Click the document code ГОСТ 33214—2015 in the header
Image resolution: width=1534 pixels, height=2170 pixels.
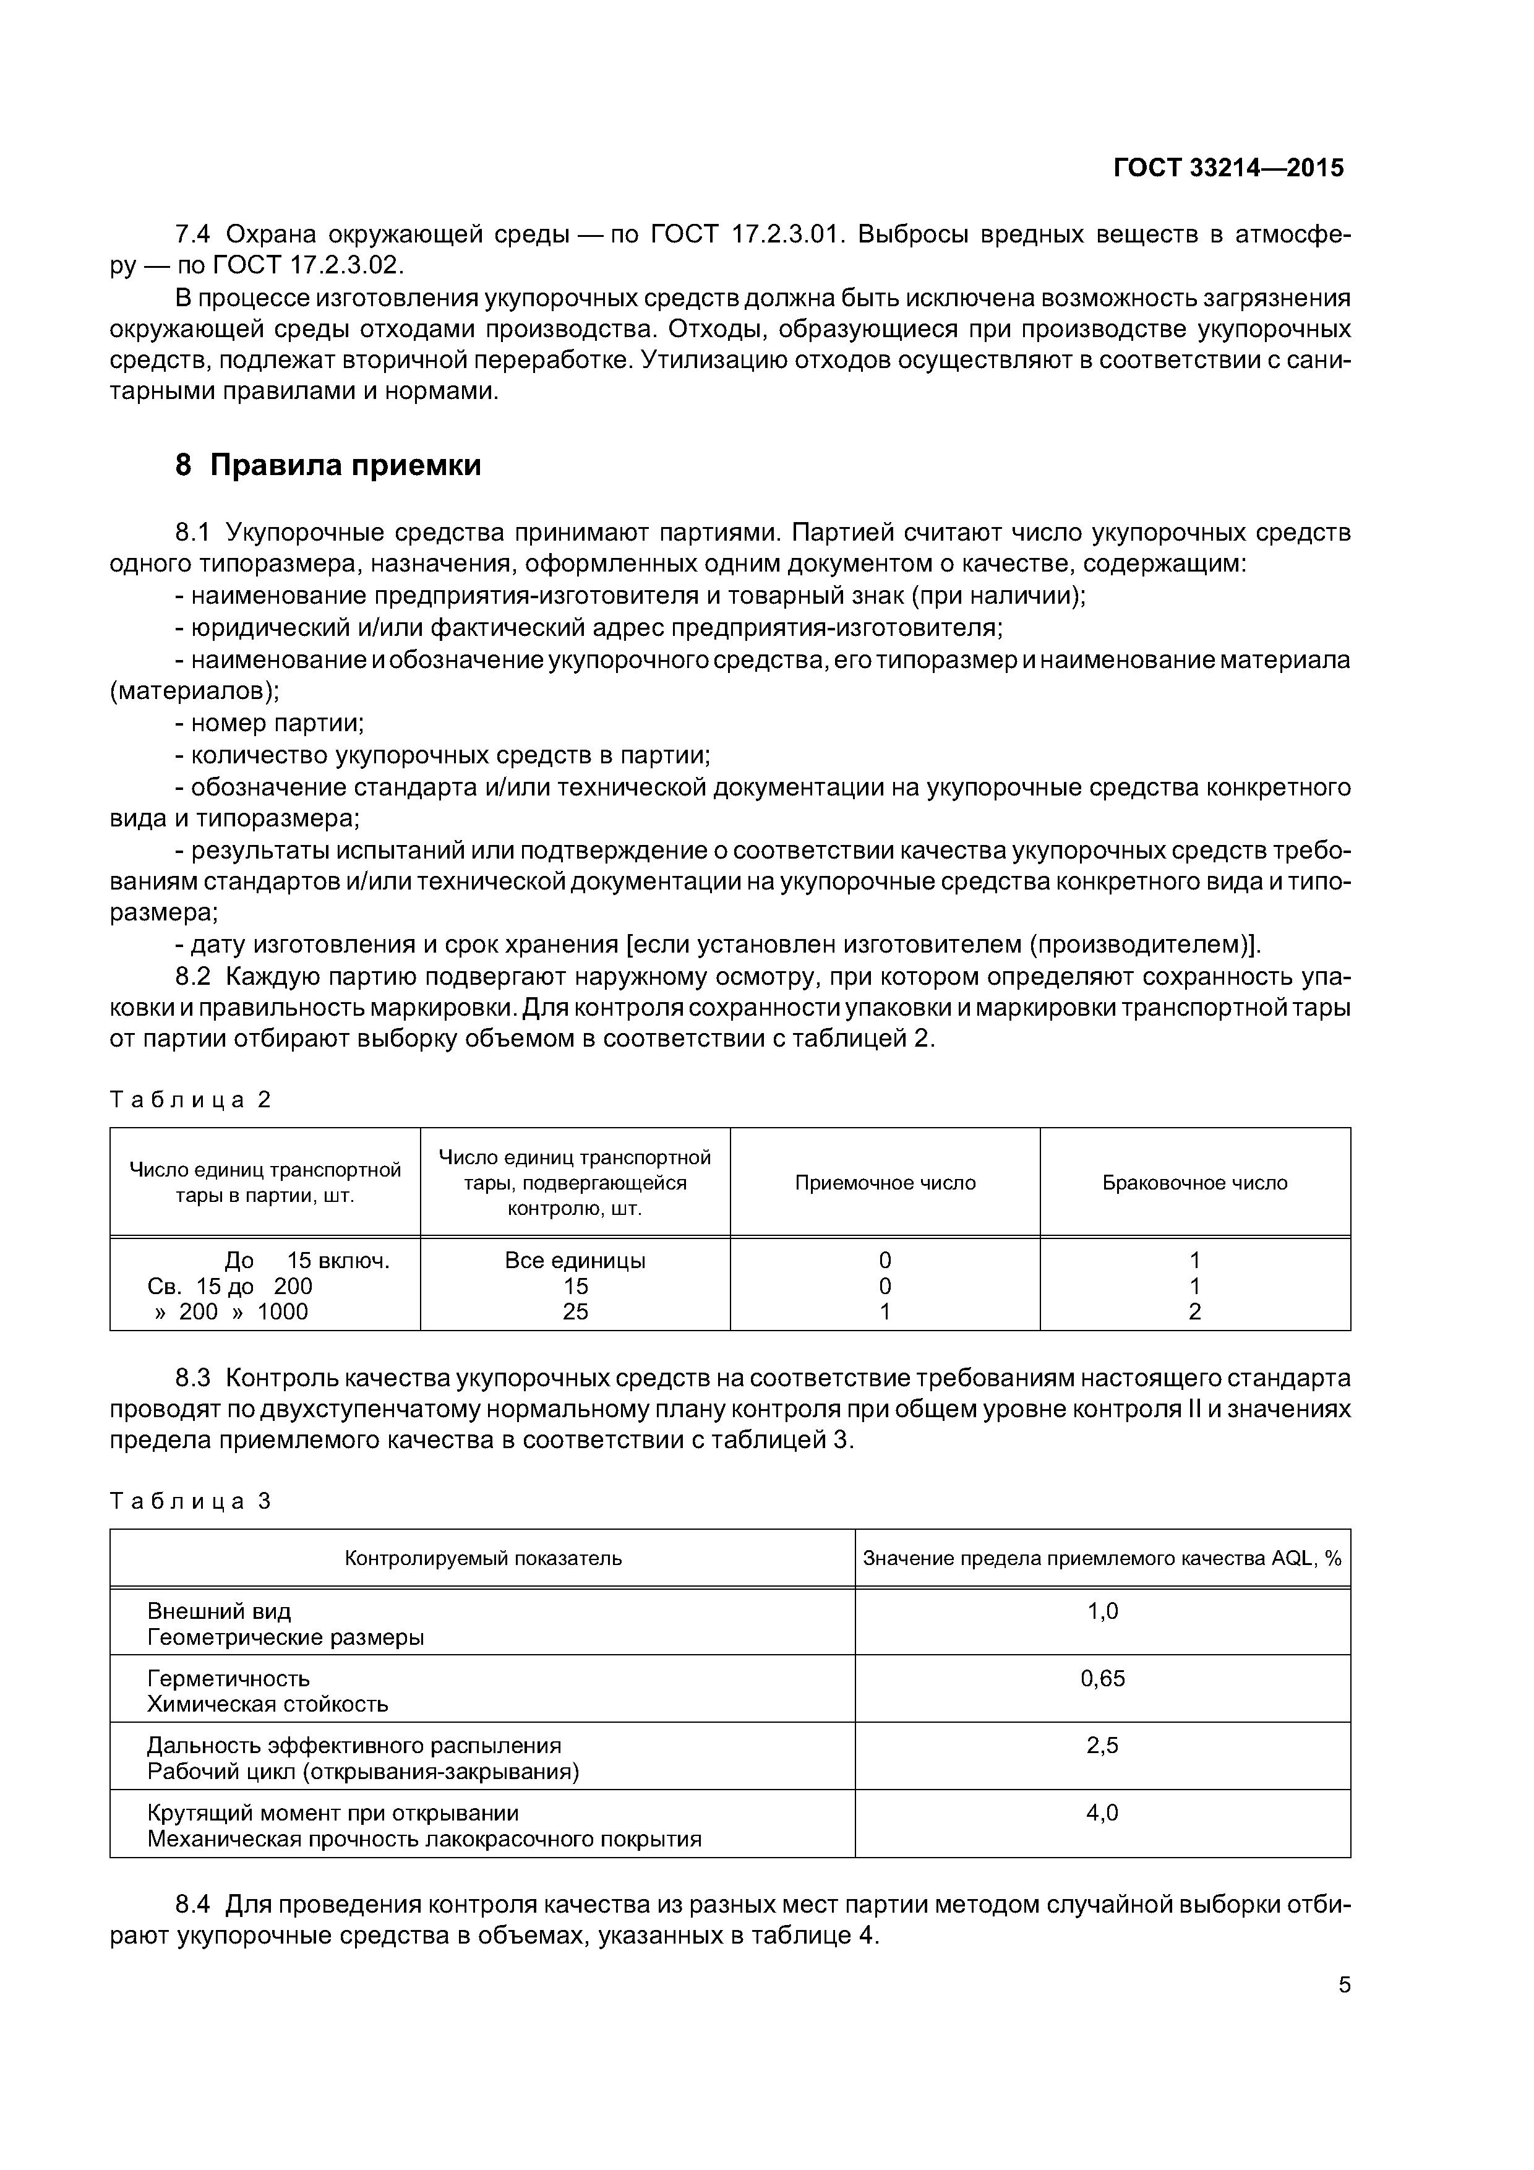coord(1228,168)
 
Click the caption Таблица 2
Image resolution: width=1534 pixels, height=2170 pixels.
coord(191,1099)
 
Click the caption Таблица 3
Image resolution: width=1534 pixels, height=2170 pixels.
coord(191,1501)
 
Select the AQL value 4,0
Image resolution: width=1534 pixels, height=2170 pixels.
coord(1102,1812)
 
